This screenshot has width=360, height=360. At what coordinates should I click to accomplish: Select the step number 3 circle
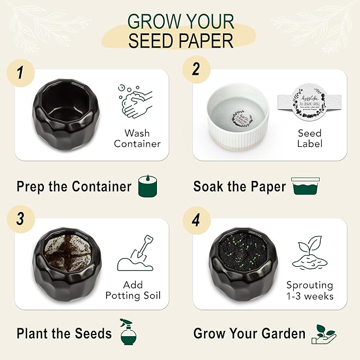tap(20, 219)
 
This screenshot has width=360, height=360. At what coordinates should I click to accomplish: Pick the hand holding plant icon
tap(324, 333)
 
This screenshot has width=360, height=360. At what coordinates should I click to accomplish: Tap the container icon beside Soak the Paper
tap(305, 187)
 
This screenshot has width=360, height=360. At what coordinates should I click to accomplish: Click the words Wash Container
tap(137, 138)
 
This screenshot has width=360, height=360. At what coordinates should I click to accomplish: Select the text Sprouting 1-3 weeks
tap(310, 291)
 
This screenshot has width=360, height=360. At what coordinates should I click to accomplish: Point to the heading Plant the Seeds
tap(64, 333)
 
